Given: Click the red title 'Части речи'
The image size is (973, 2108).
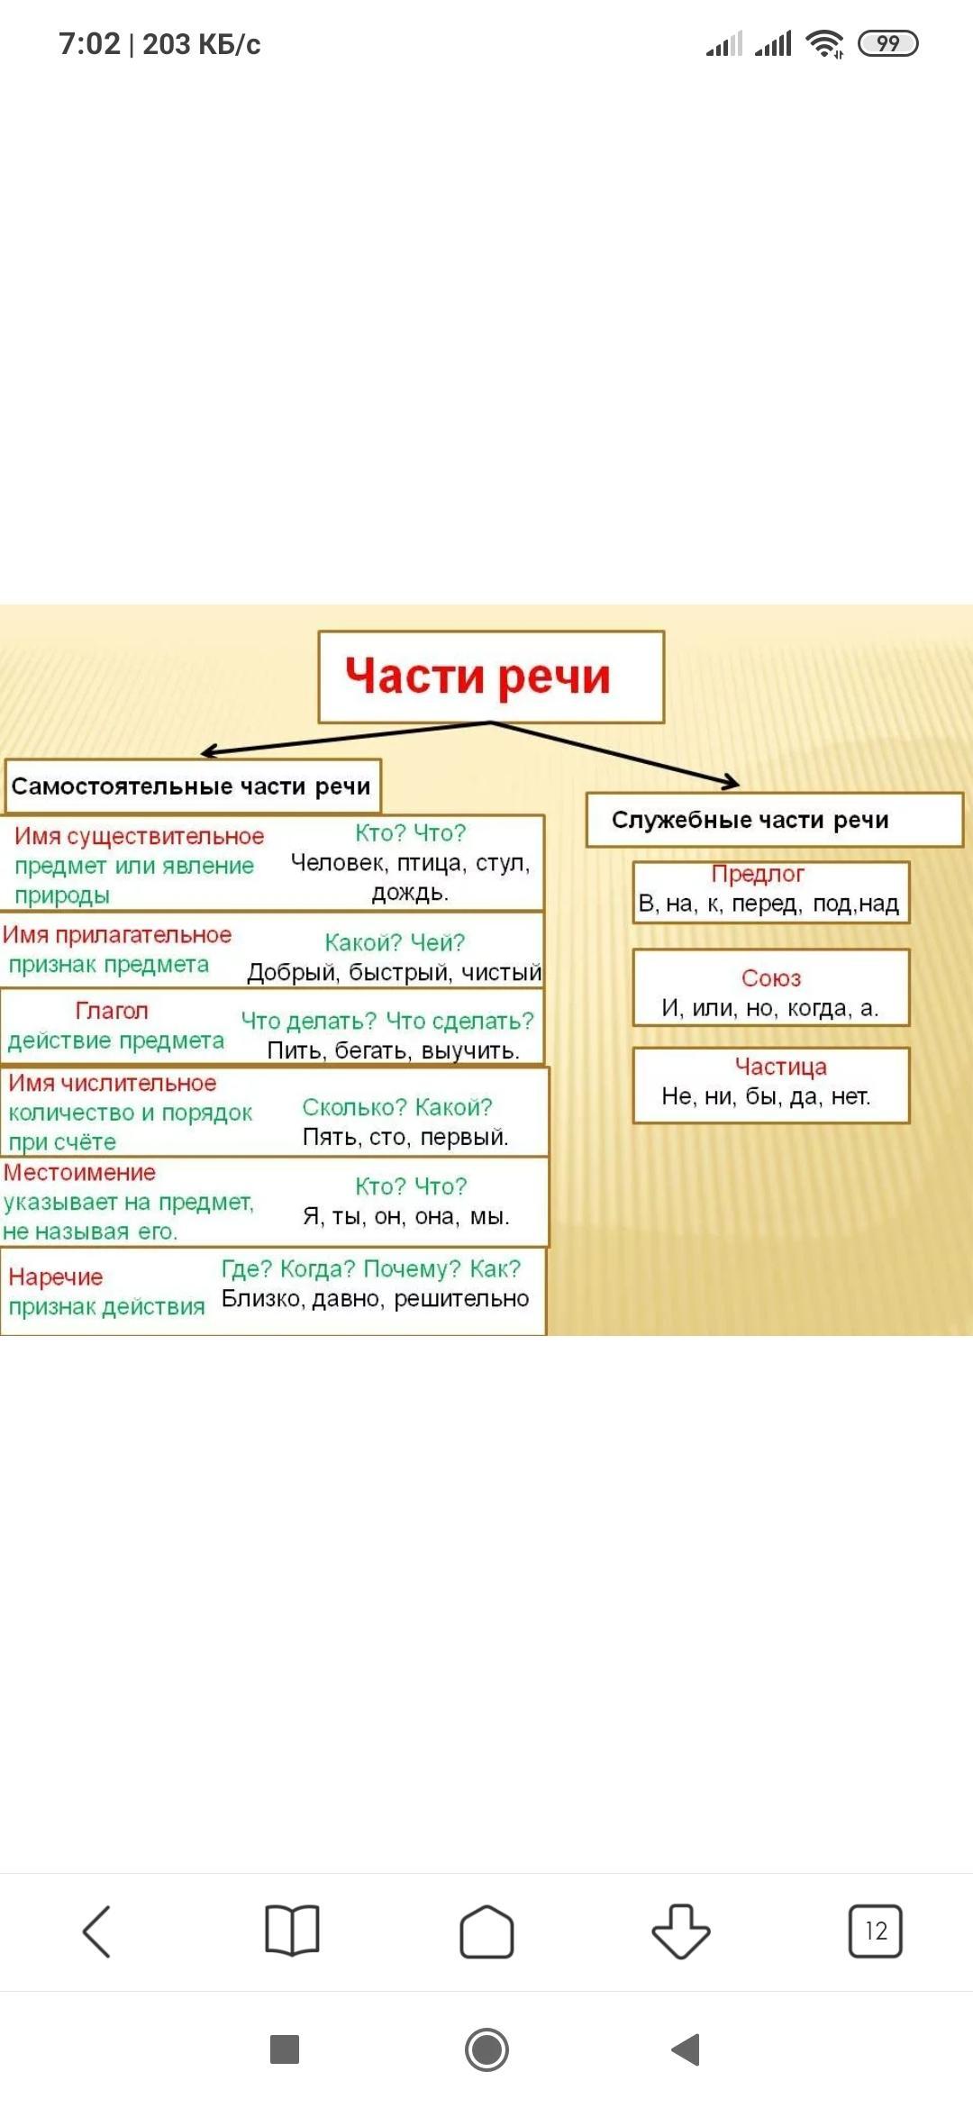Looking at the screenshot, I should click(x=477, y=677).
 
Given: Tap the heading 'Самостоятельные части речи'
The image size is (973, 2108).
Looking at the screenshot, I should click(x=191, y=786).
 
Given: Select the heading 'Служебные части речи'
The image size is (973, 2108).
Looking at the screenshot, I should click(x=750, y=820).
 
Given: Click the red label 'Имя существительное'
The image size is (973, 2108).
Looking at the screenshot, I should click(x=139, y=836).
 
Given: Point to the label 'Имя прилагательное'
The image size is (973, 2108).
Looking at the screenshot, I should click(x=117, y=935).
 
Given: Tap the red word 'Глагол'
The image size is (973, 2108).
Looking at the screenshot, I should click(x=112, y=1011).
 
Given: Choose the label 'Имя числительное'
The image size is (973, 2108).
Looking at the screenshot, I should click(x=113, y=1083).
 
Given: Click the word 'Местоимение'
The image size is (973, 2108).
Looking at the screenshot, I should click(x=79, y=1172).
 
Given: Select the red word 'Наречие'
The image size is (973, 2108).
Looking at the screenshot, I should click(x=56, y=1277).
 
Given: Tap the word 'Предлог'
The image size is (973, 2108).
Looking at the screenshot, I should click(x=758, y=874).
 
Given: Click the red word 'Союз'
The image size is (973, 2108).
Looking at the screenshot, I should click(x=771, y=978).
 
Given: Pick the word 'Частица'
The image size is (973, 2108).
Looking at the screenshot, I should click(x=780, y=1067).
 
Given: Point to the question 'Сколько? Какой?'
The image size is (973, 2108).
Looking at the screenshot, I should click(x=397, y=1107).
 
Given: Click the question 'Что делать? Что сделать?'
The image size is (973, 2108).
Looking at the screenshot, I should click(x=387, y=1021).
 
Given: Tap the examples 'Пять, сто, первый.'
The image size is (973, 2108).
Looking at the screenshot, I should click(x=405, y=1137).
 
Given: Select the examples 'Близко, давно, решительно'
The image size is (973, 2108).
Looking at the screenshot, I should click(x=376, y=1299).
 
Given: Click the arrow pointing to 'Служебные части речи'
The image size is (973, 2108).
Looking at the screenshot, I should click(x=631, y=757).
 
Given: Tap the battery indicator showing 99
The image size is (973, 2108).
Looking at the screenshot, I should click(x=887, y=43).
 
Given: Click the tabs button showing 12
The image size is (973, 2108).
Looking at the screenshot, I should click(x=875, y=1931).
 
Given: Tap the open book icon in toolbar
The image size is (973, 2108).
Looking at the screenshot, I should click(x=292, y=1931).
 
